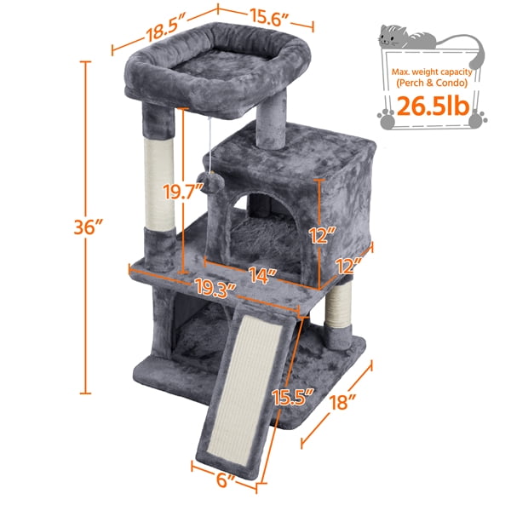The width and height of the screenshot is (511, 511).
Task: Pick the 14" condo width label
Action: pos(264,275)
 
